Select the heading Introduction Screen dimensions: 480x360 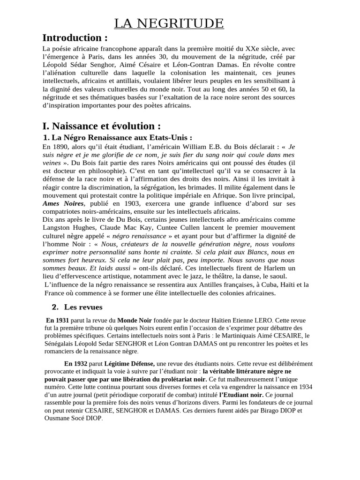tap(75, 38)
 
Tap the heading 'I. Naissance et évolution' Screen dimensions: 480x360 tap(101, 126)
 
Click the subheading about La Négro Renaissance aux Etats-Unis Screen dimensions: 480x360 tap(117, 138)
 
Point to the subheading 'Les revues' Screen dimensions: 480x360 tap(83, 307)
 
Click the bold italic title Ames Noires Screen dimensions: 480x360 tap(63, 204)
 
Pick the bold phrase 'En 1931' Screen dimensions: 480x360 tap(57, 320)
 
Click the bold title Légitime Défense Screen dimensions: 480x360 tap(130, 363)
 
